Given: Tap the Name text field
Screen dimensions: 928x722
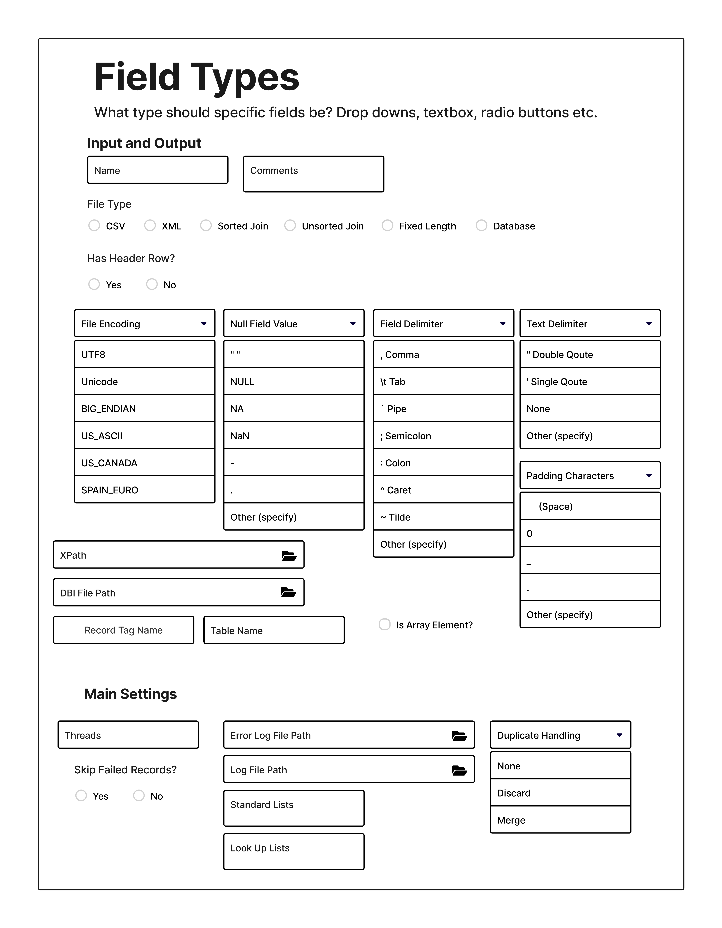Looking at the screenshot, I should pyautogui.click(x=158, y=170).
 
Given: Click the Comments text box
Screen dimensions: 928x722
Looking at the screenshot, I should pyautogui.click(x=314, y=174).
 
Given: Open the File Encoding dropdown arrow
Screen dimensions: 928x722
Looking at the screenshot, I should pyautogui.click(x=204, y=324).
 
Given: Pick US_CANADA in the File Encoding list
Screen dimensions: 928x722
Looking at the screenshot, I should pyautogui.click(x=145, y=463).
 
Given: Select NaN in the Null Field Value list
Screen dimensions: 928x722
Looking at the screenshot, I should pyautogui.click(x=294, y=436).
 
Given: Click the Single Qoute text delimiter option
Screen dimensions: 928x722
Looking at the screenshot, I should pyautogui.click(x=590, y=382).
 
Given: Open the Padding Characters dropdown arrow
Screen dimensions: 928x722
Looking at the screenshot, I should pyautogui.click(x=649, y=475).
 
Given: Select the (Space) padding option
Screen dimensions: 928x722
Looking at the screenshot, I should pyautogui.click(x=590, y=506).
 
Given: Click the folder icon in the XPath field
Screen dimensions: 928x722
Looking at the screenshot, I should pyautogui.click(x=289, y=555).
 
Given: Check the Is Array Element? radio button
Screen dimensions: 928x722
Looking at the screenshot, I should pyautogui.click(x=385, y=625).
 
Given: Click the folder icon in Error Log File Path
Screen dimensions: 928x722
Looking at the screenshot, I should pyautogui.click(x=459, y=735).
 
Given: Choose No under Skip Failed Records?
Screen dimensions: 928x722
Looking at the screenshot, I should pyautogui.click(x=139, y=795).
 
